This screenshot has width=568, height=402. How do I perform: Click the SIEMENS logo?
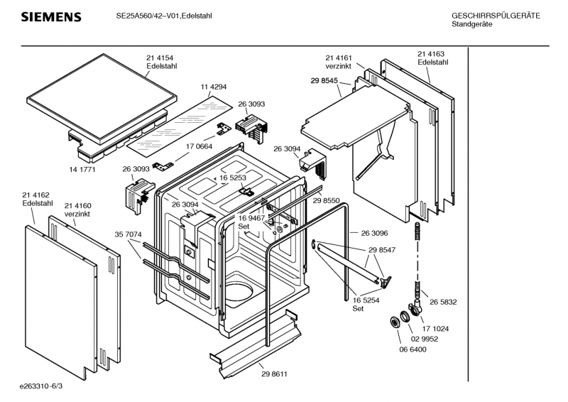click(50, 16)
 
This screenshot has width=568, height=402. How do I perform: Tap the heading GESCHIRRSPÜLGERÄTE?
click(496, 16)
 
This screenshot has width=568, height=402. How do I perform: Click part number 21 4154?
click(160, 58)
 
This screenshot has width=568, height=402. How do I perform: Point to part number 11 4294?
click(213, 87)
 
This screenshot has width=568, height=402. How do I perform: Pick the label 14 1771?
click(83, 170)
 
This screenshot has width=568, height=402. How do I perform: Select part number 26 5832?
click(442, 301)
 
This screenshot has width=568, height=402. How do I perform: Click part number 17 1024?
click(435, 327)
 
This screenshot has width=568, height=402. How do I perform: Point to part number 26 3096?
click(374, 233)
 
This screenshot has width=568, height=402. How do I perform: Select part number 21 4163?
click(431, 54)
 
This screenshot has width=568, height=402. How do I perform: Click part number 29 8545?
click(324, 81)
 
